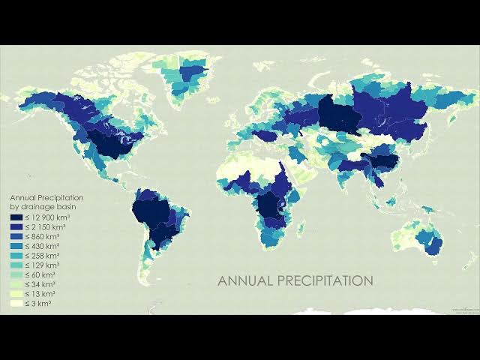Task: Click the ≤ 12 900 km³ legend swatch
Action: [x=15, y=216]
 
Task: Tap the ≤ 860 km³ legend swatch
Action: [x=15, y=235]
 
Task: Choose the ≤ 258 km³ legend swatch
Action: [x=15, y=255]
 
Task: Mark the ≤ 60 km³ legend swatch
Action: [x=15, y=274]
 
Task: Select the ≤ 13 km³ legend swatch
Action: [x=15, y=294]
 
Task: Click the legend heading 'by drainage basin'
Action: [x=42, y=205]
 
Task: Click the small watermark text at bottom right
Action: [x=466, y=310]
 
